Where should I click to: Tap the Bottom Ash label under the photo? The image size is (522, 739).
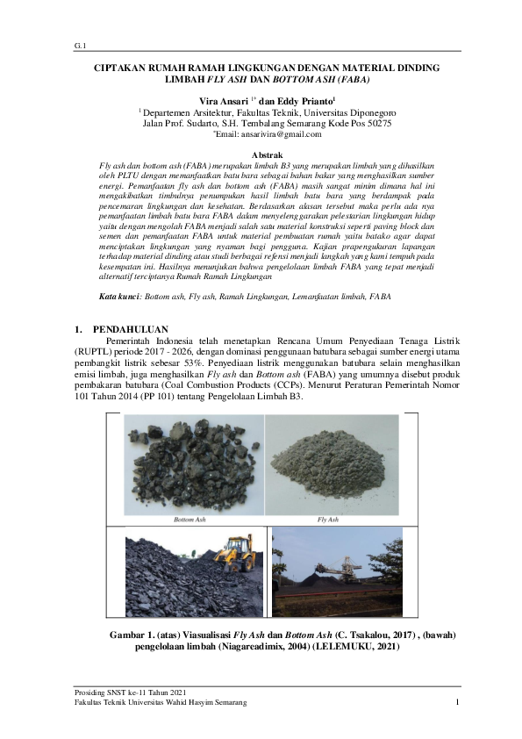(189, 520)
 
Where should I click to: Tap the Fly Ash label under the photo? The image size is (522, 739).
(327, 520)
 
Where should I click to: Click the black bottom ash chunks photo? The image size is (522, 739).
(191, 463)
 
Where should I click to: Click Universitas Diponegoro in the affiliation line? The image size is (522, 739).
(351, 113)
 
